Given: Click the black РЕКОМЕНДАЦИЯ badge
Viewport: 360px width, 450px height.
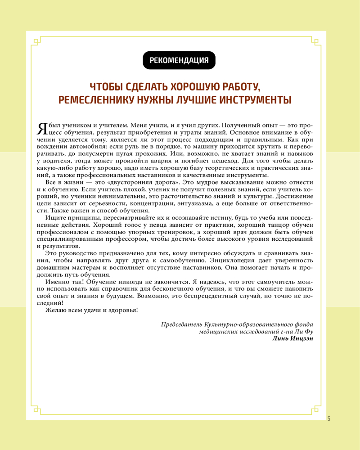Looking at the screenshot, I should click(179, 60).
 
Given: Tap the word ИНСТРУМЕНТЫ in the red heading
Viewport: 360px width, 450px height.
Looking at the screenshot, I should click(254, 99).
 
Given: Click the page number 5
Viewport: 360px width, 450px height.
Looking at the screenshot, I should click(329, 418).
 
